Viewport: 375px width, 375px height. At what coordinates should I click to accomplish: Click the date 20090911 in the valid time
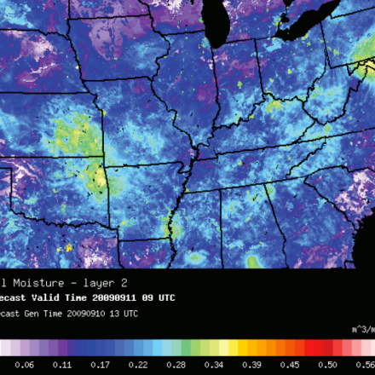coord(115,297)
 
